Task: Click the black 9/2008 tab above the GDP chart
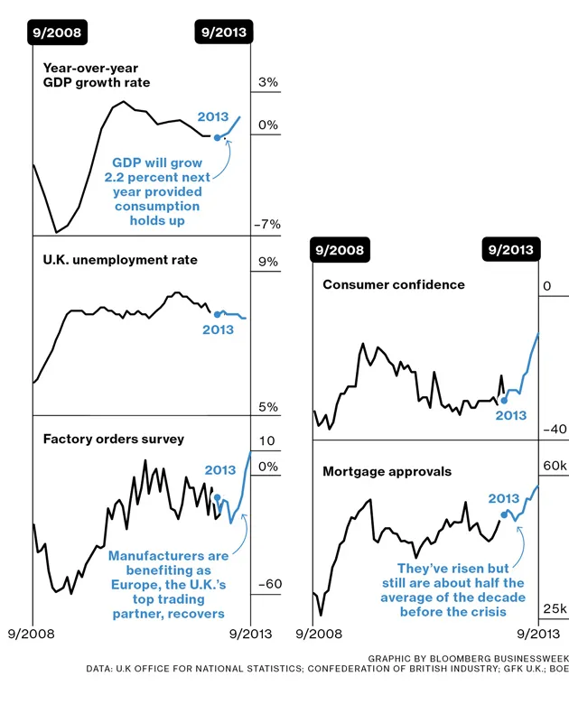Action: click(x=61, y=33)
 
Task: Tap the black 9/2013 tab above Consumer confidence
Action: click(x=510, y=250)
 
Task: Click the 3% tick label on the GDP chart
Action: click(x=268, y=82)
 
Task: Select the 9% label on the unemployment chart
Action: click(x=268, y=262)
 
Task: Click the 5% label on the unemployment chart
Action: click(x=268, y=407)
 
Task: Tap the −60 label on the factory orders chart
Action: click(x=269, y=584)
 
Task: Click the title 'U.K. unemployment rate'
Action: click(x=120, y=260)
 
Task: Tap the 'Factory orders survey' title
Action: click(x=114, y=439)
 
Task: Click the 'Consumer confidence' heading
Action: click(x=394, y=284)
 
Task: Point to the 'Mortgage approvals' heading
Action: click(x=387, y=471)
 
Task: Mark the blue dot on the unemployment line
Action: click(x=217, y=314)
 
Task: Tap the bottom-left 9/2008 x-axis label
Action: click(x=33, y=634)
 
